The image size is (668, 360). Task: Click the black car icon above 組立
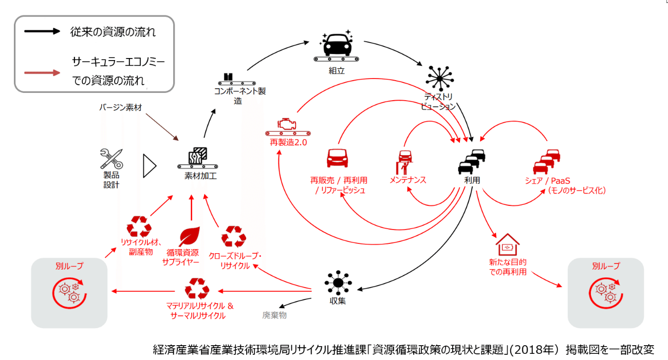[x=337, y=46]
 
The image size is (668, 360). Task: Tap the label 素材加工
[x=200, y=176]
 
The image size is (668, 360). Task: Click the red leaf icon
[x=190, y=236]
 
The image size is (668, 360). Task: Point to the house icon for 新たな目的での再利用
[x=507, y=244]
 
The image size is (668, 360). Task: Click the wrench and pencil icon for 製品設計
[x=111, y=159]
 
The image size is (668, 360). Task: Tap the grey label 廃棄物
[x=274, y=315]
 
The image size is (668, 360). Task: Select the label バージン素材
[x=120, y=107]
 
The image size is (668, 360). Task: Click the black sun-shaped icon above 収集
[x=338, y=282]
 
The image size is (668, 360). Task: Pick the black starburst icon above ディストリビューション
[x=439, y=79]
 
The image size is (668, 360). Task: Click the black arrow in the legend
[x=42, y=31]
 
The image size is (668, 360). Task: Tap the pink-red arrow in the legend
[x=42, y=73]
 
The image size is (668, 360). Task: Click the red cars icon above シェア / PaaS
[x=547, y=162]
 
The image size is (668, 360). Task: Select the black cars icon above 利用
[x=472, y=162]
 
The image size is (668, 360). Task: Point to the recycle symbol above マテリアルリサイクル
[x=197, y=289]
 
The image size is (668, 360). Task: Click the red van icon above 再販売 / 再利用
[x=337, y=158]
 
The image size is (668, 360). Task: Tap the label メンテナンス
[x=408, y=180]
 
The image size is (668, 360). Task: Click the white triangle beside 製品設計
[x=150, y=166]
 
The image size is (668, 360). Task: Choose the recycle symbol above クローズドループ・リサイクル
[x=234, y=237]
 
